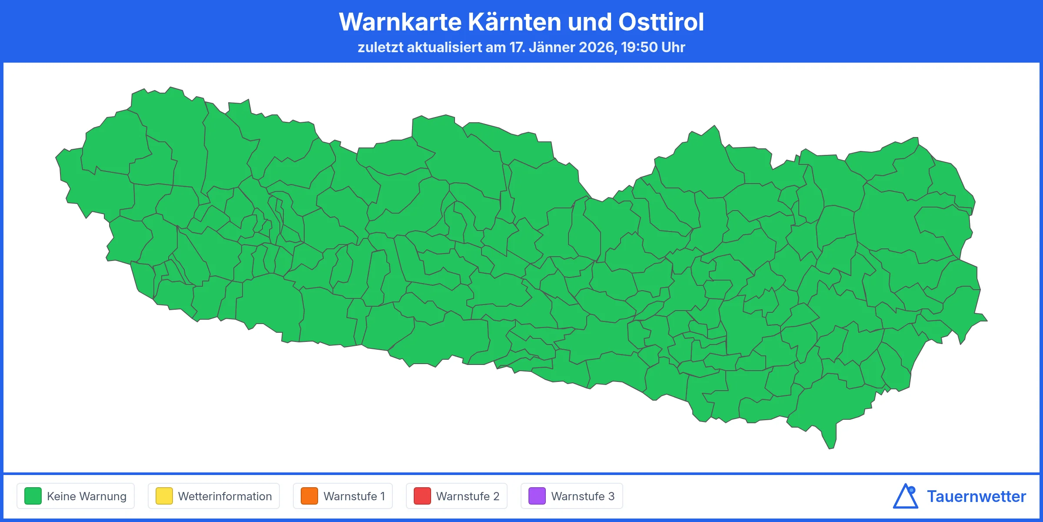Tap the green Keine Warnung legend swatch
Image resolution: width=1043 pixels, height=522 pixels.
(33, 496)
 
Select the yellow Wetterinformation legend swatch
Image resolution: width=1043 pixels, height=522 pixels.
(164, 496)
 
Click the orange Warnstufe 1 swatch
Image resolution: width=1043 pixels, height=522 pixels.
(309, 496)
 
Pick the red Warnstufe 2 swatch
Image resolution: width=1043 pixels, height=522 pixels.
(422, 496)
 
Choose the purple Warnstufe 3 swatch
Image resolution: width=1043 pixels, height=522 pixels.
(537, 496)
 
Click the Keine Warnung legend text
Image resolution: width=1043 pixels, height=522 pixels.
(86, 496)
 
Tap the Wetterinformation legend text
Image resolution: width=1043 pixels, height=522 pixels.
(225, 496)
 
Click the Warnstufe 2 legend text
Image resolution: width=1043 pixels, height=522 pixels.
(468, 496)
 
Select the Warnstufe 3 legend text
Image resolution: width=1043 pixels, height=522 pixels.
(583, 496)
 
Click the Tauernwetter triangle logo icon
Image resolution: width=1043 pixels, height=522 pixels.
(905, 496)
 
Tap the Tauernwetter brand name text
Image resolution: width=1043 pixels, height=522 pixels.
(976, 496)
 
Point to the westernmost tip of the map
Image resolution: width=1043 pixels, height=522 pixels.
(56, 157)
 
